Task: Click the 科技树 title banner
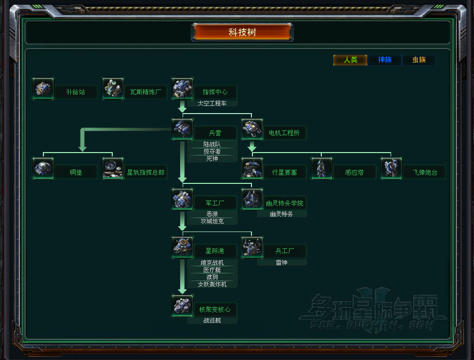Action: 242,33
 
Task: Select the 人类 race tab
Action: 350,60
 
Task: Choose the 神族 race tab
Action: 384,60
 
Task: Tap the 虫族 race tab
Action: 419,60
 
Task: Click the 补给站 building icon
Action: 43,89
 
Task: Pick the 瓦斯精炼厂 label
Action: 145,92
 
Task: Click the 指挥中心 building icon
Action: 183,89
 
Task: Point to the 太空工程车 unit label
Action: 212,103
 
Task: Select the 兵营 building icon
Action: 183,129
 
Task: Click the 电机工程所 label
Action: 284,133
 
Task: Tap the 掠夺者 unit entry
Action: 212,152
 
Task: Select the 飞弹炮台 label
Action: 424,172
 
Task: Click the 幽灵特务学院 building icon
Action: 252,199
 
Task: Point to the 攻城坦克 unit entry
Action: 212,221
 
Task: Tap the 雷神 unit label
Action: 282,263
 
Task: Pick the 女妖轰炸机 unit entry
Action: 212,284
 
